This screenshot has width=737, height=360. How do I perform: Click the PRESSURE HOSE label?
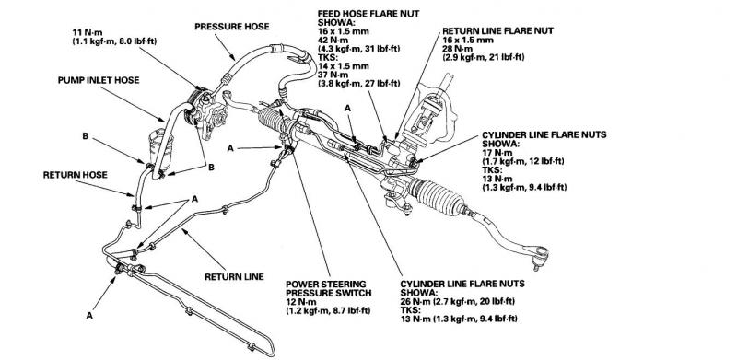tap(232, 27)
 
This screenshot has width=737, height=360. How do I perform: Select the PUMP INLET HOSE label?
tap(99, 80)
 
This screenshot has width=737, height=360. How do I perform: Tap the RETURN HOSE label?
tap(76, 175)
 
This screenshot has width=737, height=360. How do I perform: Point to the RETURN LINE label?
tap(234, 277)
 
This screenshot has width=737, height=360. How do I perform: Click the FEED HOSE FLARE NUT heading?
tap(368, 14)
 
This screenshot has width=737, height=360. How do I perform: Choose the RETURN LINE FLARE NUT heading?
tap(497, 31)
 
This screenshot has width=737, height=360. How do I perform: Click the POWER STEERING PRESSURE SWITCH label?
tap(329, 288)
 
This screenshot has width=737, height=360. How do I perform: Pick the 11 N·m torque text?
tap(84, 32)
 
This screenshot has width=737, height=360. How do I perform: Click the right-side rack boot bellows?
tap(436, 196)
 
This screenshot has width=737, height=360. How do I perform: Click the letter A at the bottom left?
tap(89, 316)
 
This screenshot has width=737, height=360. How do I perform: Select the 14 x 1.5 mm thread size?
tap(343, 65)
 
